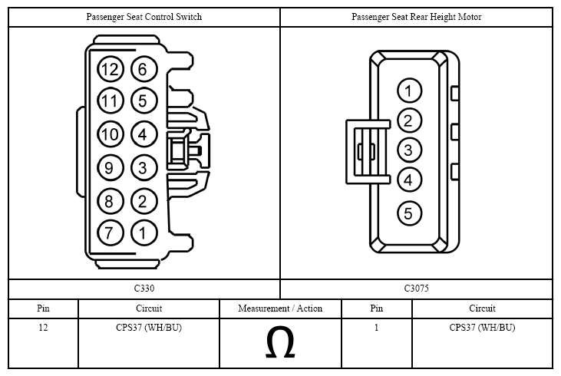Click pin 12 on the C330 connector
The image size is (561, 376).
point(111,69)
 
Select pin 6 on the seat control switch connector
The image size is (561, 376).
point(144,69)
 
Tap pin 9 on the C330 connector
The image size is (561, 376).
point(111,167)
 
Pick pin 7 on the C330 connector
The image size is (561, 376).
point(111,233)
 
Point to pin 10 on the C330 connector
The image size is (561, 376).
point(111,134)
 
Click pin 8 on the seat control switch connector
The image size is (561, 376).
point(111,201)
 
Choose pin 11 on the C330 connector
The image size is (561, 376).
point(111,101)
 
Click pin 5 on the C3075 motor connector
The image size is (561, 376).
point(409,213)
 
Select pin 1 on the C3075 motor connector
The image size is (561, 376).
point(409,91)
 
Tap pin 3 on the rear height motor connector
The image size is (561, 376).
point(409,150)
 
